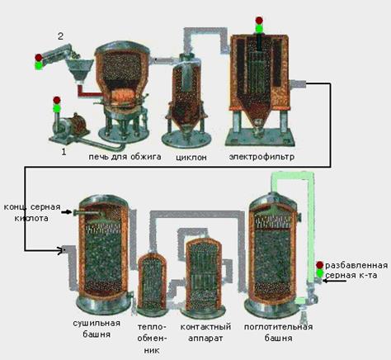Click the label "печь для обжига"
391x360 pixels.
[125, 157]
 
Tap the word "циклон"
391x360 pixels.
[191, 158]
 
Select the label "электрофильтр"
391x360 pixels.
[261, 157]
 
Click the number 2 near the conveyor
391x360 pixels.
[60, 36]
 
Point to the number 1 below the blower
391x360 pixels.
[64, 152]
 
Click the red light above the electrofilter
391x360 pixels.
[259, 21]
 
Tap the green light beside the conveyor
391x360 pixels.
[39, 65]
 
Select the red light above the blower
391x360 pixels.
[57, 100]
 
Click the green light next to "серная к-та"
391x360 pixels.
[319, 273]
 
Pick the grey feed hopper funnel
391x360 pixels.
[79, 69]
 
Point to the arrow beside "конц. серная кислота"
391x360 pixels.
[66, 212]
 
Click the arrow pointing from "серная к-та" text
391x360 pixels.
[334, 281]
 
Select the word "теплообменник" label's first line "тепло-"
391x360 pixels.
[152, 327]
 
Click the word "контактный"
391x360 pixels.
[205, 327]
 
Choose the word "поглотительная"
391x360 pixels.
[278, 327]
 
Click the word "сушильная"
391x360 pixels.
[97, 323]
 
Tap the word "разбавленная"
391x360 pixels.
[356, 265]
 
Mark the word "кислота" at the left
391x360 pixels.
[31, 218]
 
